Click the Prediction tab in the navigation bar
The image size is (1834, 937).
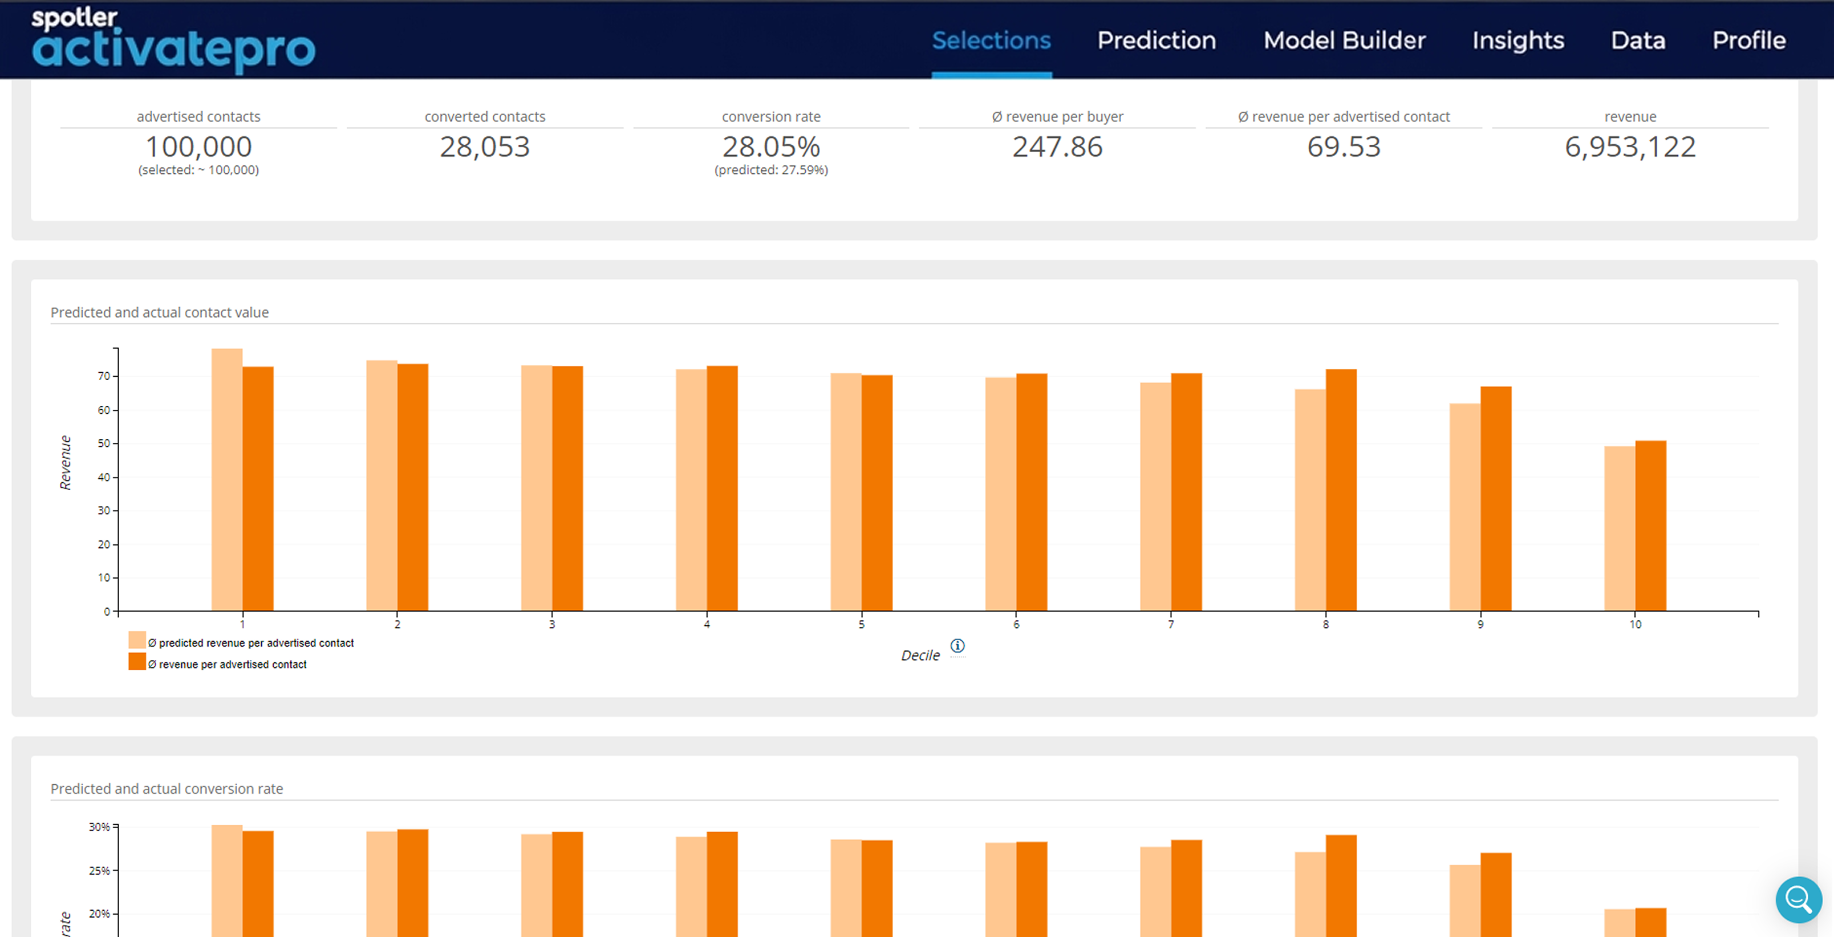1156,40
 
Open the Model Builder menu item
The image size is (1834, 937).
1344,40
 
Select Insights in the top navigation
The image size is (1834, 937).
1518,40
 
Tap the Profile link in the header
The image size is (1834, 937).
1748,40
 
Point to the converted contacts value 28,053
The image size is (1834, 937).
485,146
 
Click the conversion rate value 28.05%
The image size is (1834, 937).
771,146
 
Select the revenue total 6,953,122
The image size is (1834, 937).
1630,146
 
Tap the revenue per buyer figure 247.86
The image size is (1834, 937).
1057,146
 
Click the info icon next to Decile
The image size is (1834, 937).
957,645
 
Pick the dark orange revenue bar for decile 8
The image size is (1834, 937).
1341,490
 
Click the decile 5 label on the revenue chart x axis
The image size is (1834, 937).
862,624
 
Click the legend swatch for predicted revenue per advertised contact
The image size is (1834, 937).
137,640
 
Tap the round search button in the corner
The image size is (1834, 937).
1799,900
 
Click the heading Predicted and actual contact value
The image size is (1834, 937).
160,312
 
